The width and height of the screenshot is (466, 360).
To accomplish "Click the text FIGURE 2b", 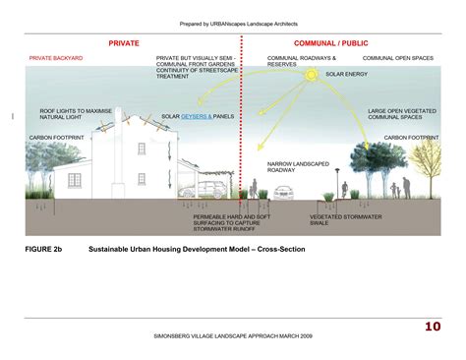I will coord(45,250).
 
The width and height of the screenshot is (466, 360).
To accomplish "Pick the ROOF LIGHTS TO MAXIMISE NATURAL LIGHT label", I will coord(73,115).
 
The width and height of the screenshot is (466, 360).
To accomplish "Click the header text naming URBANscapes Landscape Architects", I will coord(239,23).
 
